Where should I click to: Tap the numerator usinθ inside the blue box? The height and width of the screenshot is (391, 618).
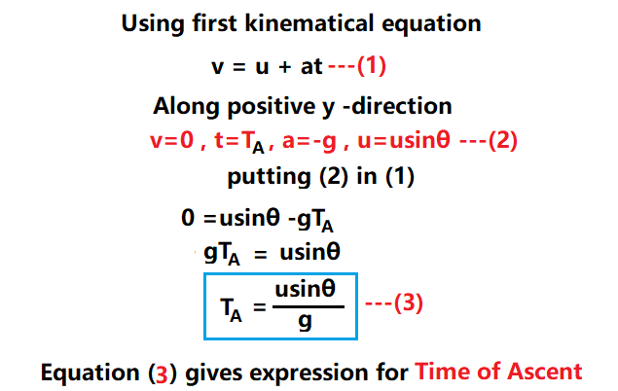(x=305, y=291)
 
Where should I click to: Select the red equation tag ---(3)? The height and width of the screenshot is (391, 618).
(x=394, y=303)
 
